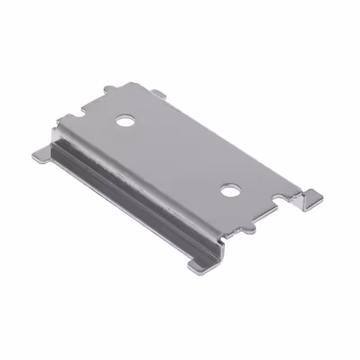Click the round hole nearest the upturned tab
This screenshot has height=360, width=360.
click(x=229, y=190)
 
